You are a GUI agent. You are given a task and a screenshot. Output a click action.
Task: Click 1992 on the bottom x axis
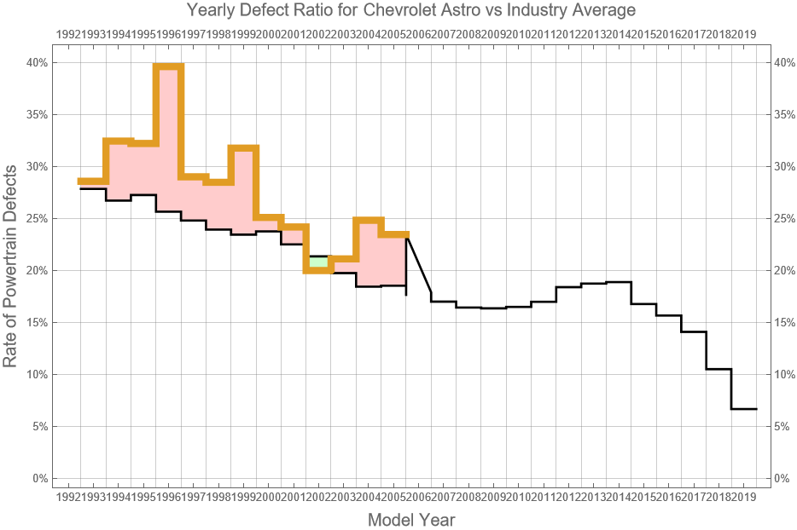point(68,497)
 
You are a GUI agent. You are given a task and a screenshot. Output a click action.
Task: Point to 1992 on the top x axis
point(68,34)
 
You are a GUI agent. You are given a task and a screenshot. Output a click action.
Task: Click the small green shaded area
point(318,262)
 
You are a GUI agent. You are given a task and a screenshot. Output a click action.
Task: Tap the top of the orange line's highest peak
point(168,66)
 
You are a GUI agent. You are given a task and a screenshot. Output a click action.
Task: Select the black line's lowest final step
point(743,409)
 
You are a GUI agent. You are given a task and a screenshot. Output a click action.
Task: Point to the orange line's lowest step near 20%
point(318,271)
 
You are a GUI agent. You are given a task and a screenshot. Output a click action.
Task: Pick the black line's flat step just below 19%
point(619,282)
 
